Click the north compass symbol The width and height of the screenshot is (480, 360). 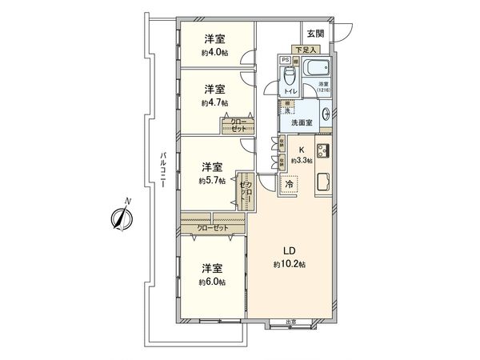coord(121,214)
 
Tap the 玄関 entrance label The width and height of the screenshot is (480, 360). coord(314,34)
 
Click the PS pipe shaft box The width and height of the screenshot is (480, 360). coord(284,60)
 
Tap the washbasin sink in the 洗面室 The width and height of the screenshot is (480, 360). coord(326,114)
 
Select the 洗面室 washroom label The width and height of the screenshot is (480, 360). coord(300,124)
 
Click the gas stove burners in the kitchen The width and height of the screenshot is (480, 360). coord(323,150)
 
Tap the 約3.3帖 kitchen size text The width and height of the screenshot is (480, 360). coord(302,160)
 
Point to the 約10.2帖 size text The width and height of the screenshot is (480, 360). coord(286,264)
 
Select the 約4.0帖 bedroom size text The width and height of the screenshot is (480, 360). coord(214,53)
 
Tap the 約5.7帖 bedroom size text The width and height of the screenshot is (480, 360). coord(212,181)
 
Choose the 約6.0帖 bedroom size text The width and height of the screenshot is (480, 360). coord(212,282)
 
